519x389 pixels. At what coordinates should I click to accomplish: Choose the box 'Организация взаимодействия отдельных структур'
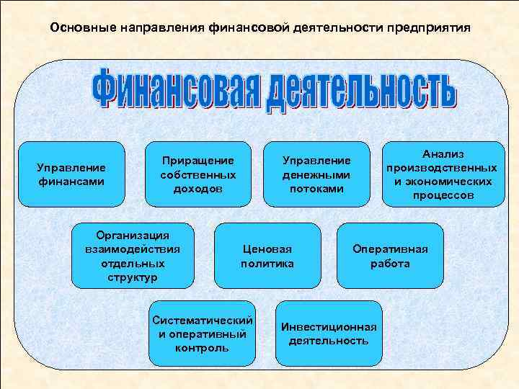point(133,256)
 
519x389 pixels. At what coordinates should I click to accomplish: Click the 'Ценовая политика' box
point(267,256)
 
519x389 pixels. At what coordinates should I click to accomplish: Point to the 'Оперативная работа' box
point(390,256)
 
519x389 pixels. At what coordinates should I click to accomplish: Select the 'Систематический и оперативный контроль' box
point(202,334)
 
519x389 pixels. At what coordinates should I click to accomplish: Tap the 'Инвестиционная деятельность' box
point(329,334)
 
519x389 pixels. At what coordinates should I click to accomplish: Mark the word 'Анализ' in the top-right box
point(443,154)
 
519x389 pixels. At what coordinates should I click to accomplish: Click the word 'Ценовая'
point(267,249)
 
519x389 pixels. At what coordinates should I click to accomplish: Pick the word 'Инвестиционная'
point(329,326)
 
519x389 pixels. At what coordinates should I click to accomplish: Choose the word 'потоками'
point(316,189)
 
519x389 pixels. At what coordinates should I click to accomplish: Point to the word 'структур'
point(133,277)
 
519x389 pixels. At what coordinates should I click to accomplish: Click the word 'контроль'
point(202,348)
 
